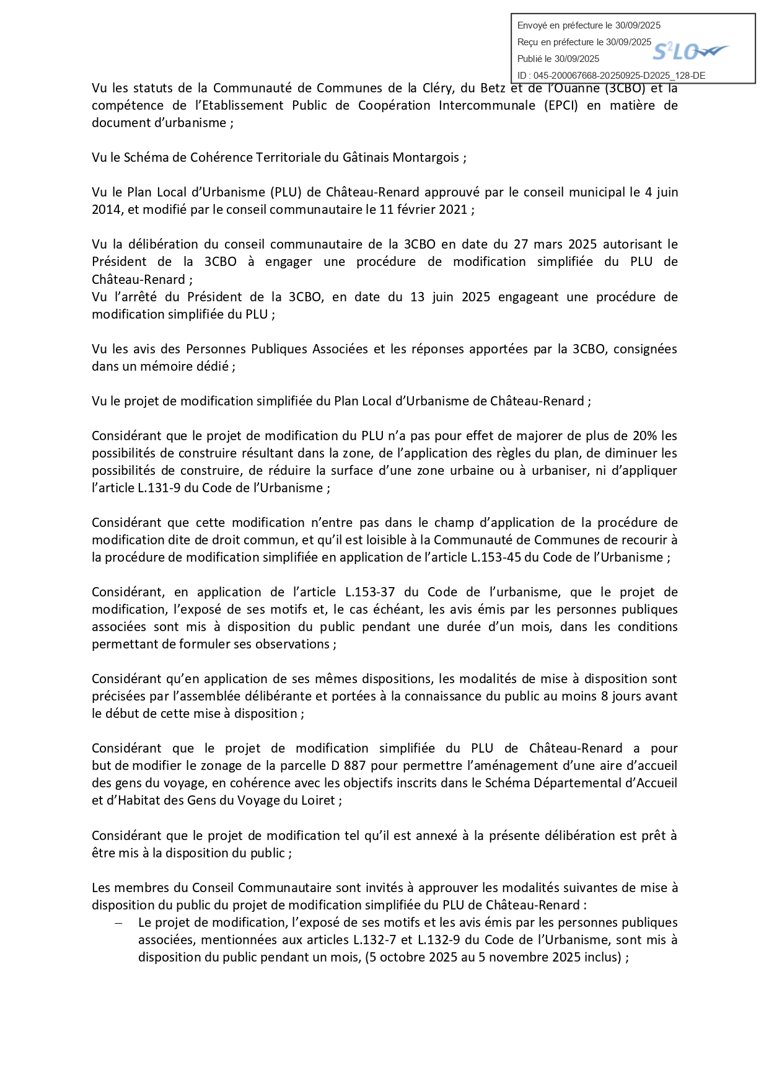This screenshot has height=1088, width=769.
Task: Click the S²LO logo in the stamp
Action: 690,51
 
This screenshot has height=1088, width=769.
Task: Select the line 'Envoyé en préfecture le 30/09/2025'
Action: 589,25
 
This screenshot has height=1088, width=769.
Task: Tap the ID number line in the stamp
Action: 611,76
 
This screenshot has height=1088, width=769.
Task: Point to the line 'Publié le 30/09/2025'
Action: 558,59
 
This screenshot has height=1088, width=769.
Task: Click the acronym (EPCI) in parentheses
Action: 561,105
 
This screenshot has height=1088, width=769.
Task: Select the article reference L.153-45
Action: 496,557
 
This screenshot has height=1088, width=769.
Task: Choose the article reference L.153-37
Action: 370,592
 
